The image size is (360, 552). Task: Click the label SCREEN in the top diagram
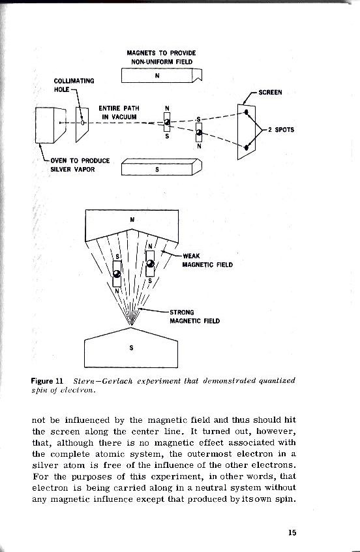[270, 92]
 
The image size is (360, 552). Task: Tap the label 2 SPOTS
[280, 129]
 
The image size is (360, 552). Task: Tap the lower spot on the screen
[246, 148]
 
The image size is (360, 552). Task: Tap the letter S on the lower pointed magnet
[131, 348]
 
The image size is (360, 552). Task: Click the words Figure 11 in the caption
[50, 380]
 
